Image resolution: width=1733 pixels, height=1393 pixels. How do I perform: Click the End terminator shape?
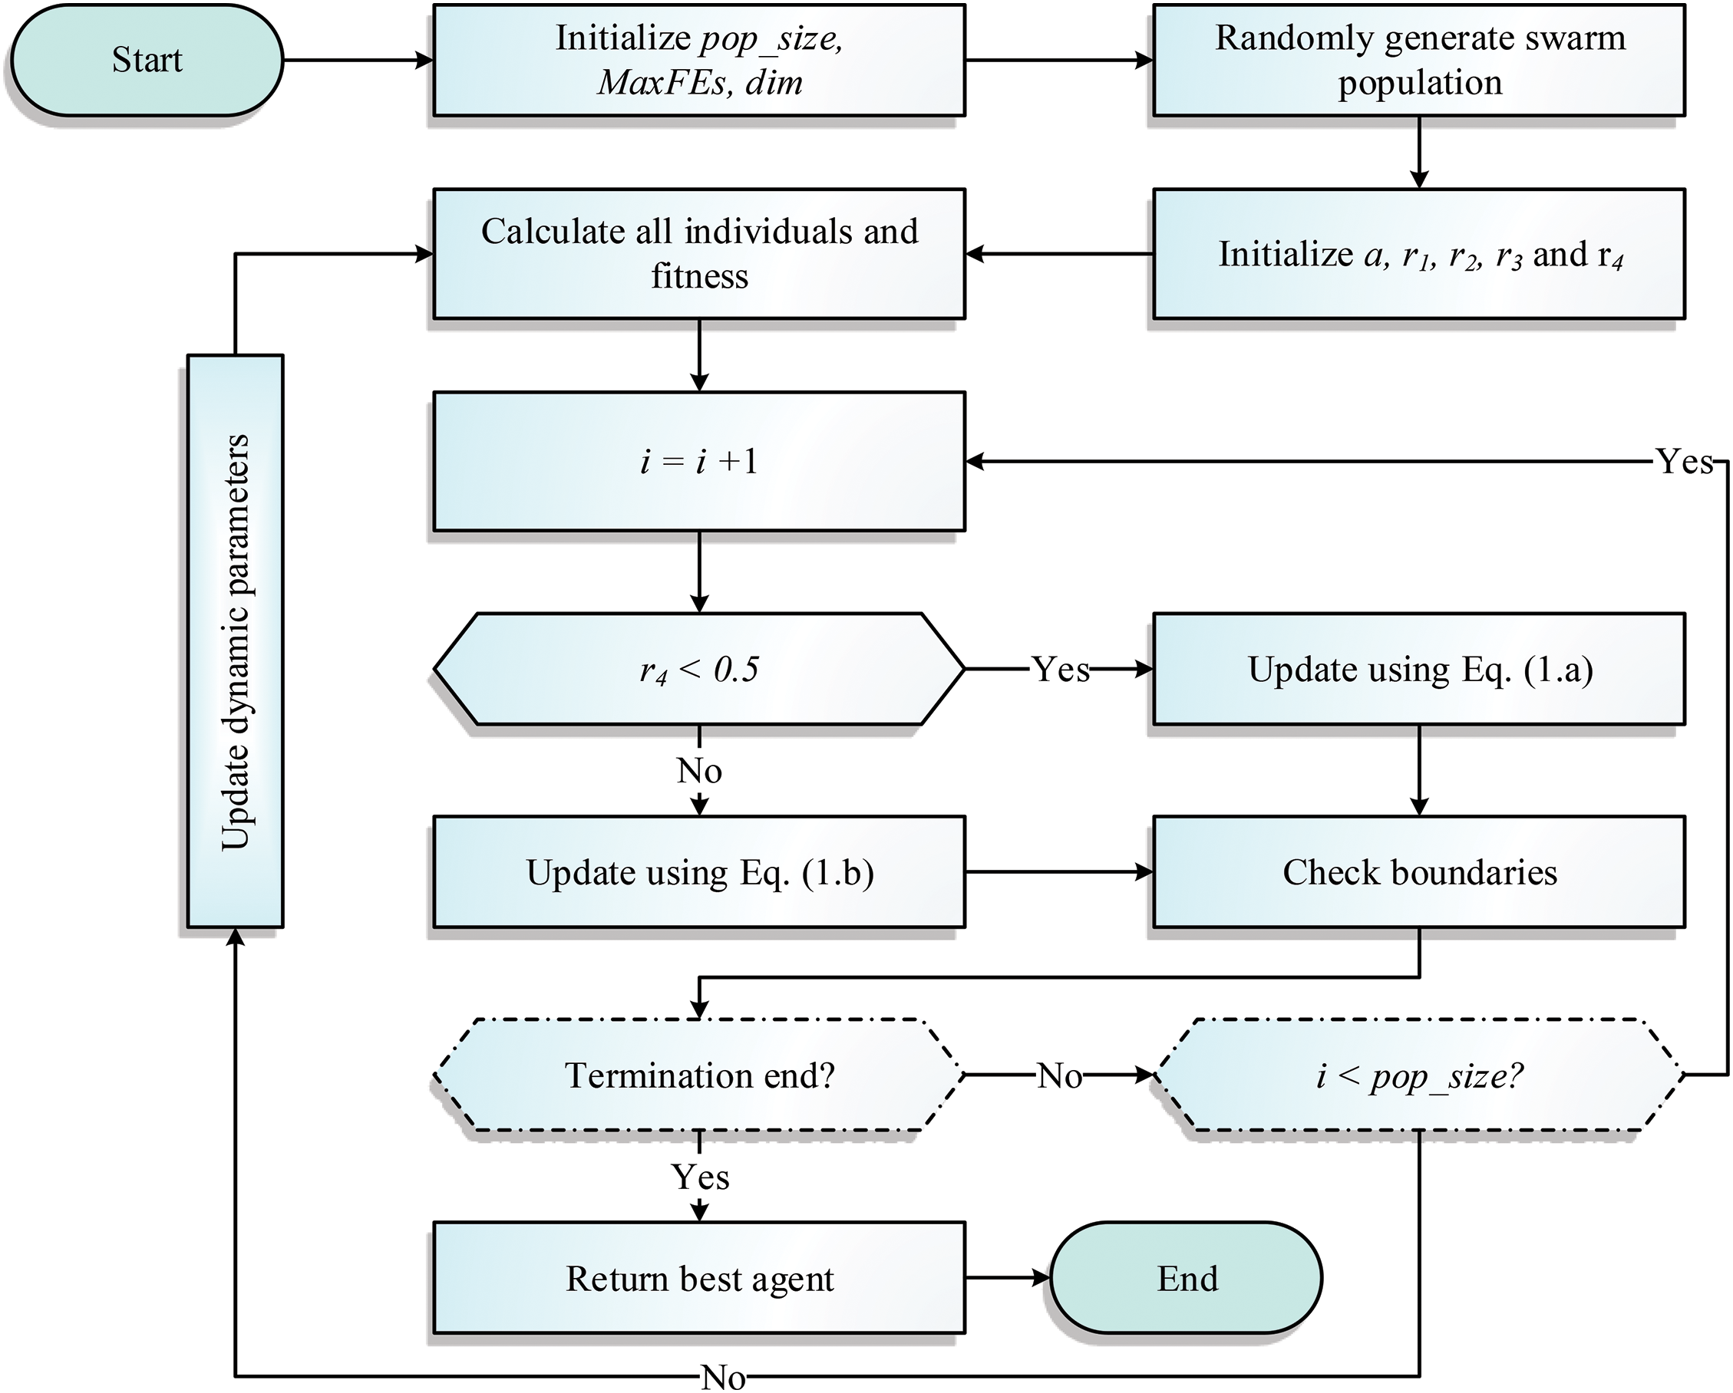pos(1187,1277)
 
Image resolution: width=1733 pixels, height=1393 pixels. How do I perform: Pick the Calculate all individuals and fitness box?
pos(698,253)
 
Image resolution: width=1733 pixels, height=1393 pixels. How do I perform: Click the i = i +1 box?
pos(698,461)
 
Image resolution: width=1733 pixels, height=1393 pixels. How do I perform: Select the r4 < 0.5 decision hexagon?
pos(698,668)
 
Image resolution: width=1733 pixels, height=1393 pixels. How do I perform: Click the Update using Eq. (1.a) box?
pos(1419,668)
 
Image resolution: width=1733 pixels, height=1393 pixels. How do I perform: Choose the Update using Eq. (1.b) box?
pos(698,871)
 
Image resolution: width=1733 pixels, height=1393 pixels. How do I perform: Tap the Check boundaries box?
pos(1419,871)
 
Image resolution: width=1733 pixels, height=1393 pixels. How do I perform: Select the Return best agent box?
pos(698,1277)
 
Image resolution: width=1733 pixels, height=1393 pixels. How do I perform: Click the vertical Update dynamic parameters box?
pos(235,641)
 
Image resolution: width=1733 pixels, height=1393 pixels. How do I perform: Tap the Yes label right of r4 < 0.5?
pos(1060,668)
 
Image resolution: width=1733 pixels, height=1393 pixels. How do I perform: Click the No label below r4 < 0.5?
pos(699,770)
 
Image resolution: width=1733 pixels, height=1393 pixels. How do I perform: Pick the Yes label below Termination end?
pos(700,1177)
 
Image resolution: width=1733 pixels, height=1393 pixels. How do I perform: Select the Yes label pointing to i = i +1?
pos(1685,461)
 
